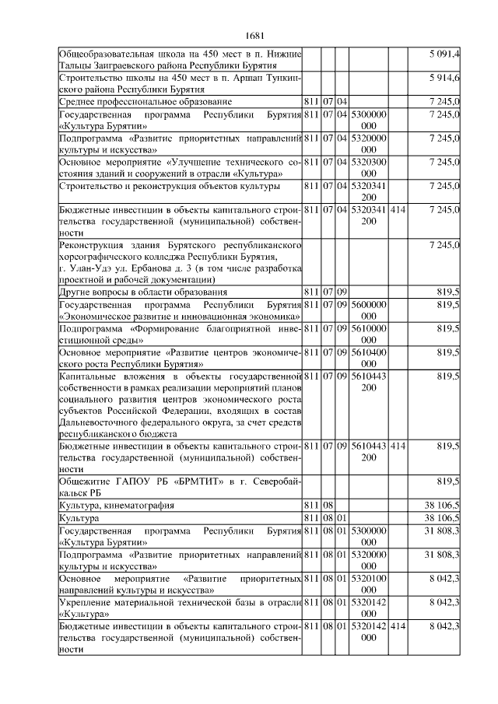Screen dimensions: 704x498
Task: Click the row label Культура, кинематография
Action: point(117,506)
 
